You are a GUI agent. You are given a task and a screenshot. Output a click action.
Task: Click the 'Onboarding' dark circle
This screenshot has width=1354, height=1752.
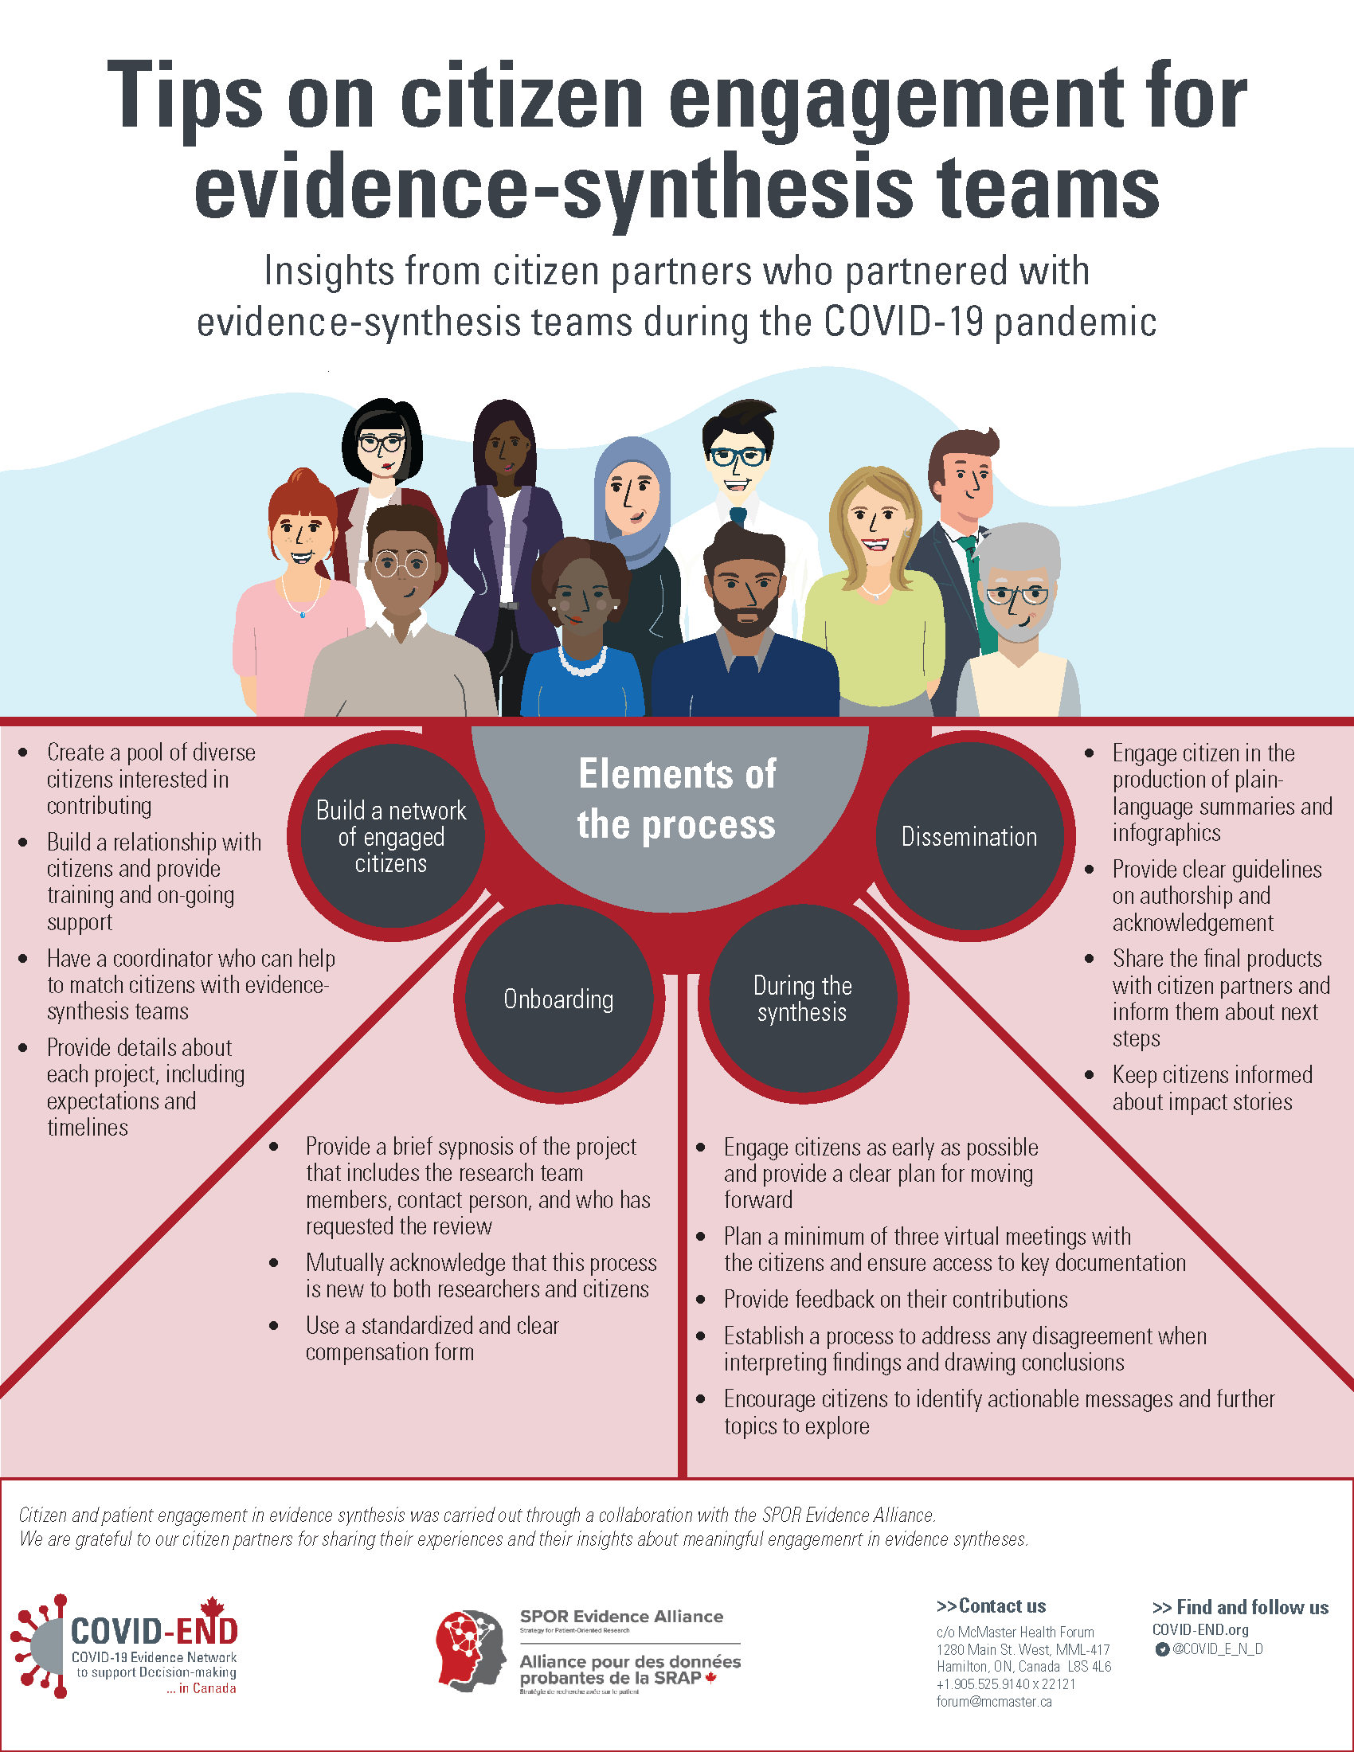(x=559, y=999)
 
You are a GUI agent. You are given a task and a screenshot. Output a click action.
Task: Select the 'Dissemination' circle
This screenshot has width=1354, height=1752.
(x=969, y=837)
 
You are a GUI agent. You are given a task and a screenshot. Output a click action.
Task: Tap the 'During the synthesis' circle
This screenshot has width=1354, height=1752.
(x=802, y=999)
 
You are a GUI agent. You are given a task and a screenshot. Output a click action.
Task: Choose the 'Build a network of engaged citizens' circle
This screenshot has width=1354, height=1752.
(x=391, y=836)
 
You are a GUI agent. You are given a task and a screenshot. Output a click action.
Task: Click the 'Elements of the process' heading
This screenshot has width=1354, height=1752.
(x=676, y=799)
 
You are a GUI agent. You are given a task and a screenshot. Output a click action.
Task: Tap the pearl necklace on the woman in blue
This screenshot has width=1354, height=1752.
(x=582, y=663)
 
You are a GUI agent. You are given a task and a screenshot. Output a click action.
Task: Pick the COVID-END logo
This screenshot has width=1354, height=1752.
(x=125, y=1645)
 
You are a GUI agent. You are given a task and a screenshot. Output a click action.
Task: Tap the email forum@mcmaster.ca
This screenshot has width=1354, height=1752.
(x=994, y=1702)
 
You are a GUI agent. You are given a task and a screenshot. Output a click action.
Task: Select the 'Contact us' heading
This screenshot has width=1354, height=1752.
(x=991, y=1606)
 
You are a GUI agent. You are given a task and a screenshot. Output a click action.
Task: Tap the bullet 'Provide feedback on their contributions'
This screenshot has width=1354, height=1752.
(x=895, y=1299)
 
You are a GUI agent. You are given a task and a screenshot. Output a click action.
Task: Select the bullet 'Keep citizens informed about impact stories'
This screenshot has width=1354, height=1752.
(x=1211, y=1088)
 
